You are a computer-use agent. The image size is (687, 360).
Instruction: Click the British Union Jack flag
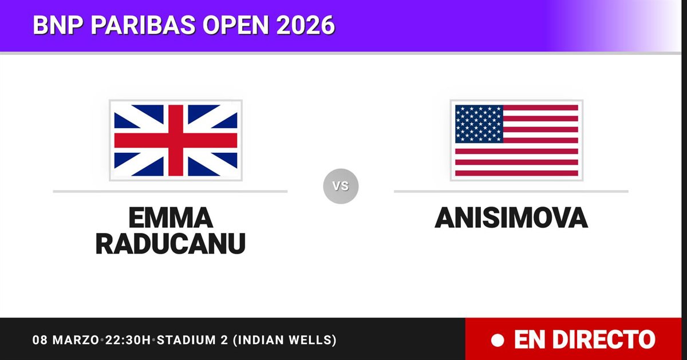(x=176, y=140)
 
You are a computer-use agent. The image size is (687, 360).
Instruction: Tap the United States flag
(x=516, y=140)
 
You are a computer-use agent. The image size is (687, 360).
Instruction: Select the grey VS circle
(x=341, y=186)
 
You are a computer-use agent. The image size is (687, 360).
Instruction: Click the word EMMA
(x=171, y=217)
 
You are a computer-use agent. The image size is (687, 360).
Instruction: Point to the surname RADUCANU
(x=171, y=244)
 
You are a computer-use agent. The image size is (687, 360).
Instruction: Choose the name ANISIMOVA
(x=511, y=217)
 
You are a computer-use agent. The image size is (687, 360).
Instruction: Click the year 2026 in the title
(x=306, y=25)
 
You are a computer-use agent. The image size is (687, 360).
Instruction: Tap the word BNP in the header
(x=58, y=25)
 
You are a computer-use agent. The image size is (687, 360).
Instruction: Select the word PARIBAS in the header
(x=143, y=25)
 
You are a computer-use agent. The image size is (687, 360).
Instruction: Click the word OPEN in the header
(x=235, y=25)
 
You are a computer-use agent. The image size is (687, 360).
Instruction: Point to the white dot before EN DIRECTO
(x=498, y=341)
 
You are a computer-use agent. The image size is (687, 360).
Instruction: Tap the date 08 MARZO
(x=66, y=340)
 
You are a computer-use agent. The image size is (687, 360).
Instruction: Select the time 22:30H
(x=128, y=340)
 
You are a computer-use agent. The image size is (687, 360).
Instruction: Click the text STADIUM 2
(x=192, y=340)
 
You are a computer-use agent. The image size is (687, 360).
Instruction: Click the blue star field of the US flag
(x=479, y=124)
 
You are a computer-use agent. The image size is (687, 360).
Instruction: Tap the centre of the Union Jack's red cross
(x=176, y=140)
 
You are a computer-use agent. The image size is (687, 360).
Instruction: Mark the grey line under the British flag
(x=170, y=191)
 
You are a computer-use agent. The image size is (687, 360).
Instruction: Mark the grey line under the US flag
(x=511, y=191)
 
